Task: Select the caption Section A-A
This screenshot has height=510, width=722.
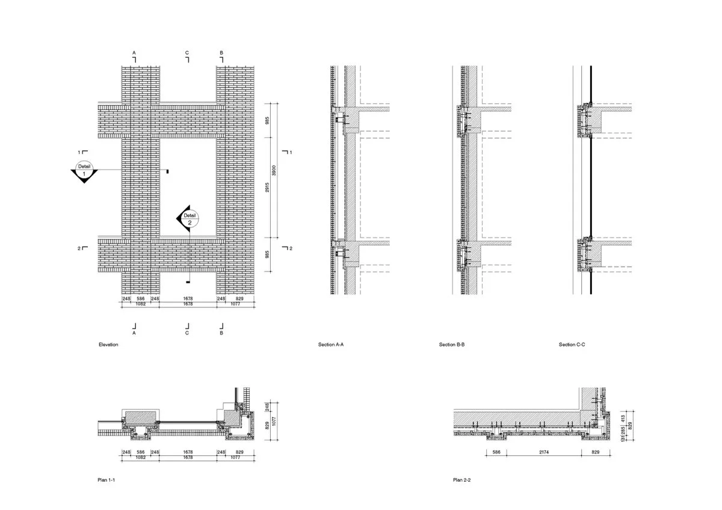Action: pos(331,345)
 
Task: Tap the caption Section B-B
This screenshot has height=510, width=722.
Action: pos(452,345)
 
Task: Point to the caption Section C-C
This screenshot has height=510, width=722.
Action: pos(572,345)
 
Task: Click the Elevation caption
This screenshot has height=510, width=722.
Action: pos(108,345)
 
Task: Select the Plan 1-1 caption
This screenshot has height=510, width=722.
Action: pos(106,480)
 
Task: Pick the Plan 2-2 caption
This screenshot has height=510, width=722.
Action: pos(461,480)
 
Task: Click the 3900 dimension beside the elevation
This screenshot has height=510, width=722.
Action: pos(274,170)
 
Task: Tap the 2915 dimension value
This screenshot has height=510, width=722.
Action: pos(267,188)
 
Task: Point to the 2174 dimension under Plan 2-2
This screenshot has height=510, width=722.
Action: pos(544,452)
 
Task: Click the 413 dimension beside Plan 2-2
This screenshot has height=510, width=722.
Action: pos(623,419)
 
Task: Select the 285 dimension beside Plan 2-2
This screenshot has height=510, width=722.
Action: pos(623,430)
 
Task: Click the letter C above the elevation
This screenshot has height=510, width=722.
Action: pos(187,52)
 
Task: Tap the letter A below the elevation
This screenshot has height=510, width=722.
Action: pos(134,333)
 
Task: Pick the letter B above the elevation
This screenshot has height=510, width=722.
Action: pos(221,52)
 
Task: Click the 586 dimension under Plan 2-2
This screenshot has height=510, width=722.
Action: pos(496,452)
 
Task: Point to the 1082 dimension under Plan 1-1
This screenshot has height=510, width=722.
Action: pos(141,457)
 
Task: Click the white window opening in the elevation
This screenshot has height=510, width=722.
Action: pos(188,187)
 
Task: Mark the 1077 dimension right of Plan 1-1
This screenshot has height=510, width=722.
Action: pos(274,421)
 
